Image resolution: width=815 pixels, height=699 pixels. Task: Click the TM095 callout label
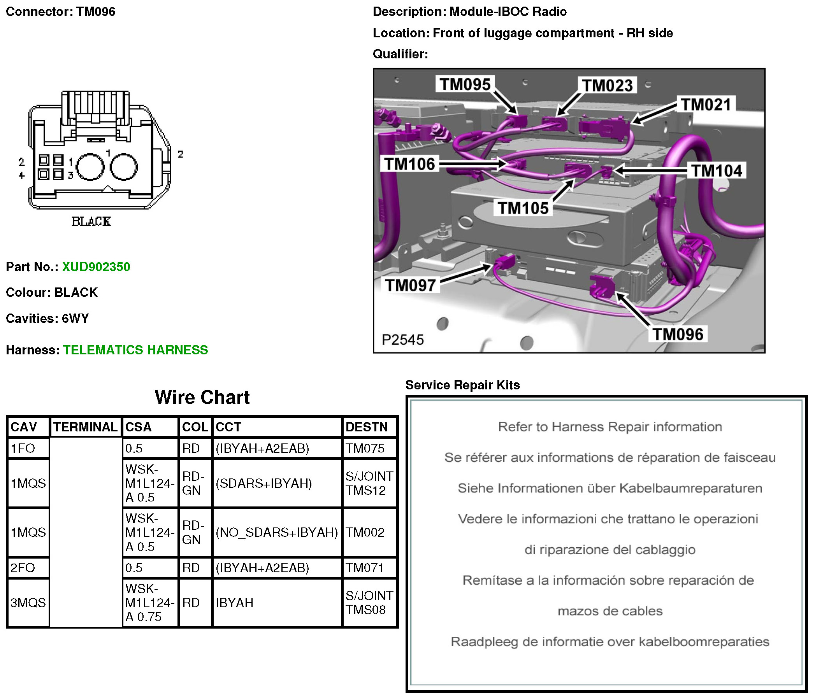point(465,84)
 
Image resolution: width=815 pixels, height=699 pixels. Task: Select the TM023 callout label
point(607,86)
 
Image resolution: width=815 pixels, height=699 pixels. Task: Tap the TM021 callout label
point(706,105)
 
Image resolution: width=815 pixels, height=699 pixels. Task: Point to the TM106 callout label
point(409,164)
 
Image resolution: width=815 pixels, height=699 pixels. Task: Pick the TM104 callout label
point(717,171)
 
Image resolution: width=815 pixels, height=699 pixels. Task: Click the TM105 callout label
point(523,208)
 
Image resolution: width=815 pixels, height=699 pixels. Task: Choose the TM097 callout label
point(410,286)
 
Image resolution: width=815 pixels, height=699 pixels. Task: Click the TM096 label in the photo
point(678,334)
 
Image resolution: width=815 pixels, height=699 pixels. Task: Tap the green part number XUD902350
point(96,267)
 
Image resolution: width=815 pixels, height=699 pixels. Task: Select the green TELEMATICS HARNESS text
point(135,350)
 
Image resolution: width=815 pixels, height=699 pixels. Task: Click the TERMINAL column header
point(85,427)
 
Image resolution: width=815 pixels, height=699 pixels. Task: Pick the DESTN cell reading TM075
point(365,448)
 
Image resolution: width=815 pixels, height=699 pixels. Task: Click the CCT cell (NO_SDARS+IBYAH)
point(276,532)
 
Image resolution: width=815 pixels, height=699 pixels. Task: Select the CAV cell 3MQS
point(28,603)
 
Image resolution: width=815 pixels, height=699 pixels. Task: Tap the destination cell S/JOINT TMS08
point(369,603)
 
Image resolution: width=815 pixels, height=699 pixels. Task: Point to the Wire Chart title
point(202,397)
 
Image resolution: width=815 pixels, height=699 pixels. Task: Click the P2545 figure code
point(403,340)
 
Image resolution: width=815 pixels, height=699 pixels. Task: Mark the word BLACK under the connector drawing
point(91,222)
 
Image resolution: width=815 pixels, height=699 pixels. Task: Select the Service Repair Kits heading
point(462,385)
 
